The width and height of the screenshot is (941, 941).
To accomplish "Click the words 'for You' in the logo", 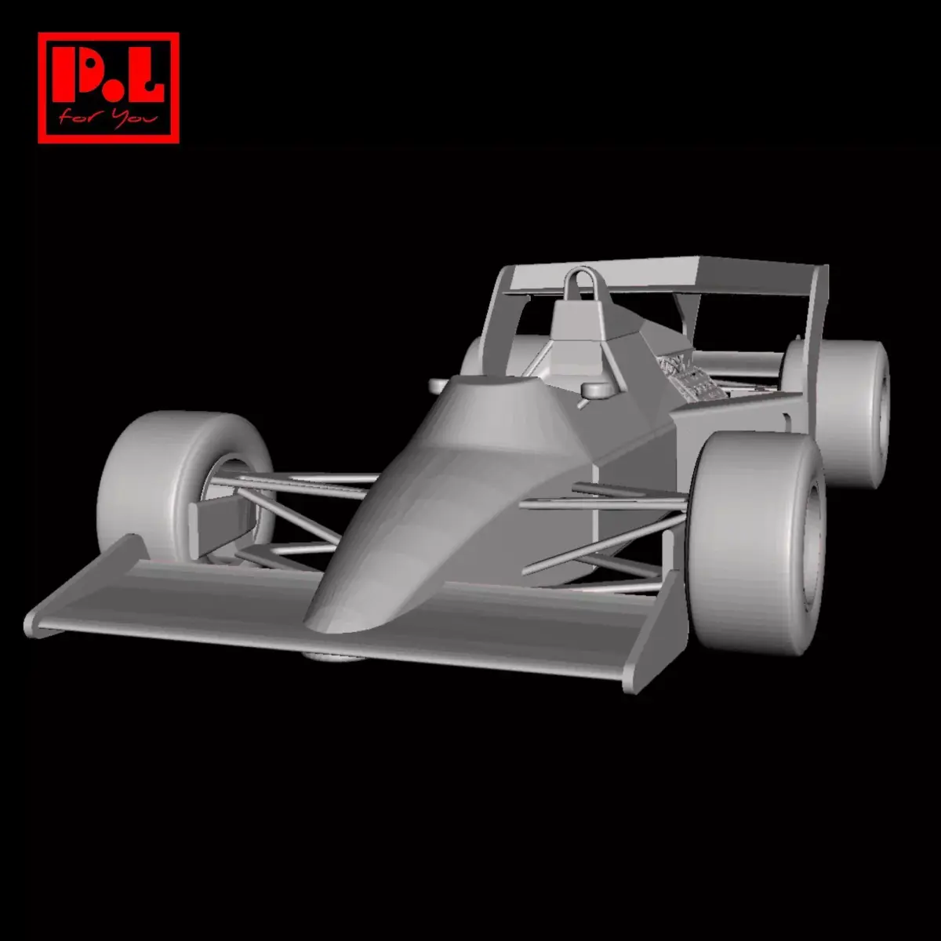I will pos(108,119).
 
